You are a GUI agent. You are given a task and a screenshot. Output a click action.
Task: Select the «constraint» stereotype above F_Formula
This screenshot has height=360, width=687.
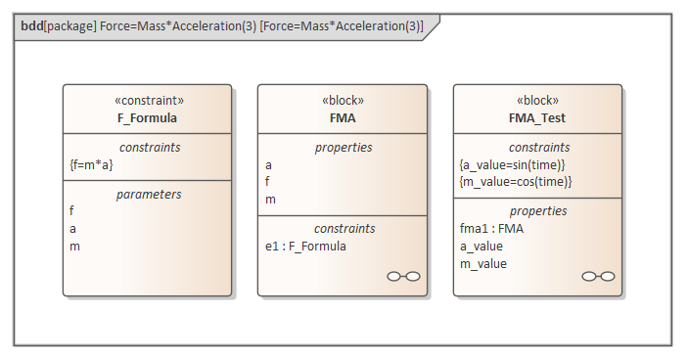pyautogui.click(x=147, y=101)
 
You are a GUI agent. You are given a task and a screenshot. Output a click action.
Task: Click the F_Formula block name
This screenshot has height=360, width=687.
pyautogui.click(x=147, y=118)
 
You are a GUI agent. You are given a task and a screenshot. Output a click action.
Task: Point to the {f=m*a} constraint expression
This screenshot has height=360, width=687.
pyautogui.click(x=91, y=164)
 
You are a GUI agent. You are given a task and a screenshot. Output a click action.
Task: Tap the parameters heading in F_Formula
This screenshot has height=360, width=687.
pyautogui.click(x=147, y=194)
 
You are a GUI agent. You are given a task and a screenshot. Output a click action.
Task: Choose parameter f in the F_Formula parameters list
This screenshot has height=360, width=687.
pyautogui.click(x=71, y=210)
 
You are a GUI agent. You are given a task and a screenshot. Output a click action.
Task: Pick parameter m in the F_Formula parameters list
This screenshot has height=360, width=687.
pyautogui.click(x=74, y=247)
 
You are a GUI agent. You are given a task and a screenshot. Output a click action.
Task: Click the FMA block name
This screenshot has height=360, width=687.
pyautogui.click(x=343, y=118)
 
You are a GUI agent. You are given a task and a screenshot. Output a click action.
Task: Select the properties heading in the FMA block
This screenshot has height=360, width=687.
pyautogui.click(x=343, y=147)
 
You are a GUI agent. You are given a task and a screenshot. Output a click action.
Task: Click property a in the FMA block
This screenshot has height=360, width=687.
pyautogui.click(x=269, y=164)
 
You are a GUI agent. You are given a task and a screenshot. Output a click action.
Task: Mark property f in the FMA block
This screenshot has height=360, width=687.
pyautogui.click(x=267, y=182)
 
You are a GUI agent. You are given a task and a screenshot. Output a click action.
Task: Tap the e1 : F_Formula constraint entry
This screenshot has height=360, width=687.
pyautogui.click(x=305, y=246)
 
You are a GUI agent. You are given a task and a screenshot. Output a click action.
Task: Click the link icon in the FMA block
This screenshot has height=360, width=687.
pyautogui.click(x=403, y=277)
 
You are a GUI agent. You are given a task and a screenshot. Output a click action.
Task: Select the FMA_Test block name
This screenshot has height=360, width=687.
pyautogui.click(x=537, y=118)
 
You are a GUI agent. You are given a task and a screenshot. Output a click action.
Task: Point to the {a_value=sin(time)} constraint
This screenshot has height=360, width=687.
pyautogui.click(x=513, y=164)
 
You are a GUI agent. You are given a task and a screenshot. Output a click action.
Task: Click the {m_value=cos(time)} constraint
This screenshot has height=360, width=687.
pyautogui.click(x=515, y=182)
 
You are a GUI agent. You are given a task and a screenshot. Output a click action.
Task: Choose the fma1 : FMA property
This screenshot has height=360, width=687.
pyautogui.click(x=490, y=228)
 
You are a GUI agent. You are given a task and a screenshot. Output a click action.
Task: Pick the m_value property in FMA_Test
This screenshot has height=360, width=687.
pyautogui.click(x=483, y=264)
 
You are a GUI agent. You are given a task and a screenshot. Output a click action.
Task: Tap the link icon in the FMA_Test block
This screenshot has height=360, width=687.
pyautogui.click(x=598, y=277)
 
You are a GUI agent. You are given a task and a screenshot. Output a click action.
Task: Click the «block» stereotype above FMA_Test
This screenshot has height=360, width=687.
pyautogui.click(x=537, y=101)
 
